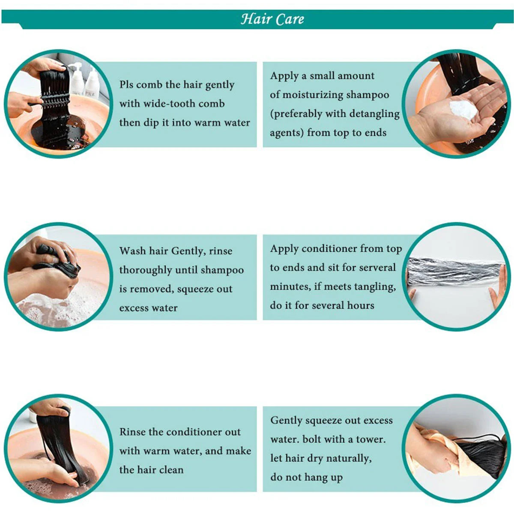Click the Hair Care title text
click(272, 19)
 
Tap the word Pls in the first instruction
click(126, 84)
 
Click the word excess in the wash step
click(134, 308)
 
